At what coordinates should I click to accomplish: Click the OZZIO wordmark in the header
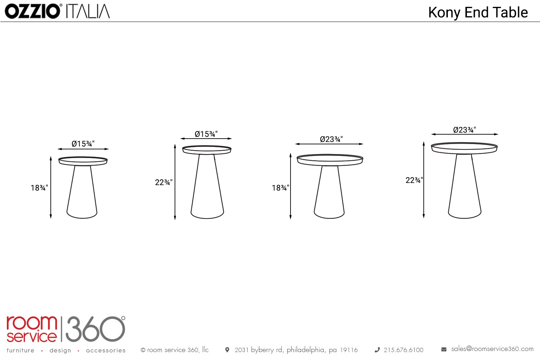tap(32, 11)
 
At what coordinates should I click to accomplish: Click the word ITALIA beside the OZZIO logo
tap(88, 11)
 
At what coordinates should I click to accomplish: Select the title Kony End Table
tap(478, 13)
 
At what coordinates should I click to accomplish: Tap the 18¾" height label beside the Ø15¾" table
tap(39, 188)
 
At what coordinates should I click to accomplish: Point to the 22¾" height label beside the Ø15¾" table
tap(164, 182)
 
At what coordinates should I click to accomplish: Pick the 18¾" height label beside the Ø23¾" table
tap(280, 188)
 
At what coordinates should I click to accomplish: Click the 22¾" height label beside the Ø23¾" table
tap(414, 180)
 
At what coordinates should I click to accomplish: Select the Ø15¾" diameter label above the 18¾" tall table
tap(83, 144)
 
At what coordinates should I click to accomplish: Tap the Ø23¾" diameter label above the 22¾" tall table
tap(464, 130)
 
